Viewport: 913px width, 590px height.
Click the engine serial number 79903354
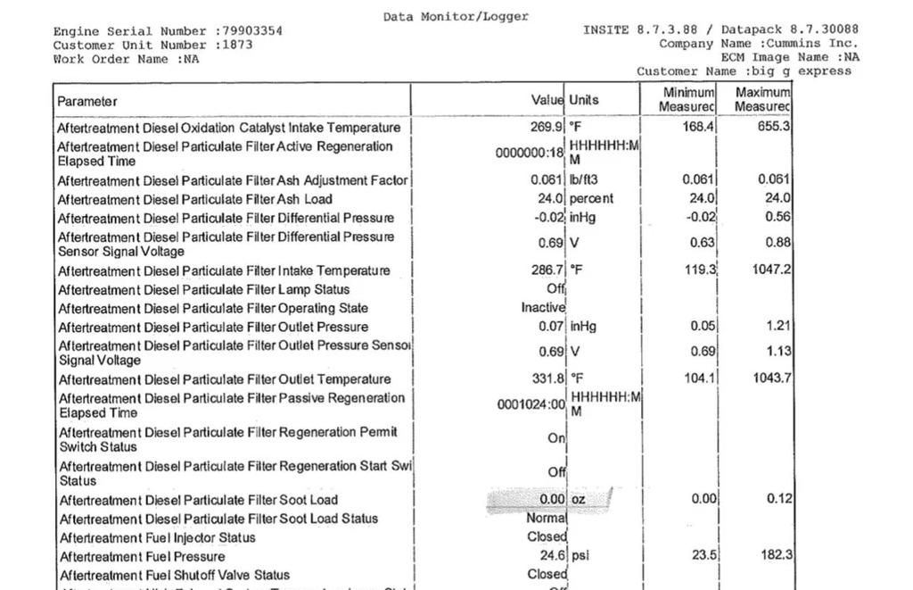pos(251,31)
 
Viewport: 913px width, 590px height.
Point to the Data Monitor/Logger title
pos(456,16)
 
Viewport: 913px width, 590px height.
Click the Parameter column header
pos(87,101)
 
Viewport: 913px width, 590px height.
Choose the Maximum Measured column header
pos(762,100)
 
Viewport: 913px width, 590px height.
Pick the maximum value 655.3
pos(774,128)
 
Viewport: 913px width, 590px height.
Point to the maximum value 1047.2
pos(770,270)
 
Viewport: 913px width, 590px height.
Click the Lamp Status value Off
pos(555,289)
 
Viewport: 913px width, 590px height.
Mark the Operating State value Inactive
pos(543,308)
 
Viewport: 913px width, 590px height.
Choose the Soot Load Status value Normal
pos(546,519)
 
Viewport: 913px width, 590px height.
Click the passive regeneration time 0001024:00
pos(531,405)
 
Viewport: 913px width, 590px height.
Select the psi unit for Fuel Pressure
pos(580,556)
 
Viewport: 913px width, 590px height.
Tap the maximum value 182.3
pos(777,556)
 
